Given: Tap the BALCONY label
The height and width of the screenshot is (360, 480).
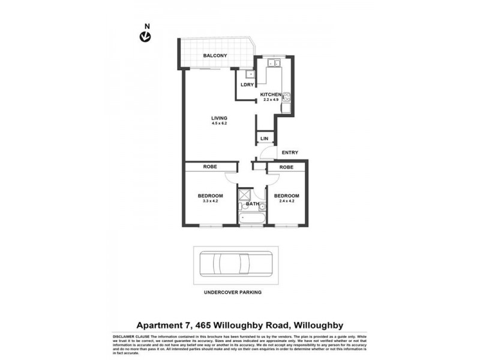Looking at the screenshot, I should point(214,55).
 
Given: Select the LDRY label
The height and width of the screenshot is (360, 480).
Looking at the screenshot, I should point(247,85).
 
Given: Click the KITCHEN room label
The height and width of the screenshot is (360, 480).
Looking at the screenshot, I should point(271,95).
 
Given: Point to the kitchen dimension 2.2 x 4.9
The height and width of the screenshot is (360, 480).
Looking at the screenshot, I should point(271,100).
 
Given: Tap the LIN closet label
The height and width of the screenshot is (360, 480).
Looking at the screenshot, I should point(264,139).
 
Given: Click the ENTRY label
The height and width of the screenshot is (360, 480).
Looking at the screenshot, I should point(289,152).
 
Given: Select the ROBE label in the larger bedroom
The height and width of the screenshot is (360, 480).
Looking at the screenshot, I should point(210,167).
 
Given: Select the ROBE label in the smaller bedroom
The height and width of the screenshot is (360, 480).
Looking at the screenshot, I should point(286,167).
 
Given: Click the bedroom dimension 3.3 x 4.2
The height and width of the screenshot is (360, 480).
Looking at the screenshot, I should point(211,202).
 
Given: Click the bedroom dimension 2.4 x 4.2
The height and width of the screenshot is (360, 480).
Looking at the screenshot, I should point(286,202).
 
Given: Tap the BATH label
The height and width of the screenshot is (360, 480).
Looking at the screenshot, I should point(252,205).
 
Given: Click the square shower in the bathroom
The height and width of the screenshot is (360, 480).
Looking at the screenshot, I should point(245,195).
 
